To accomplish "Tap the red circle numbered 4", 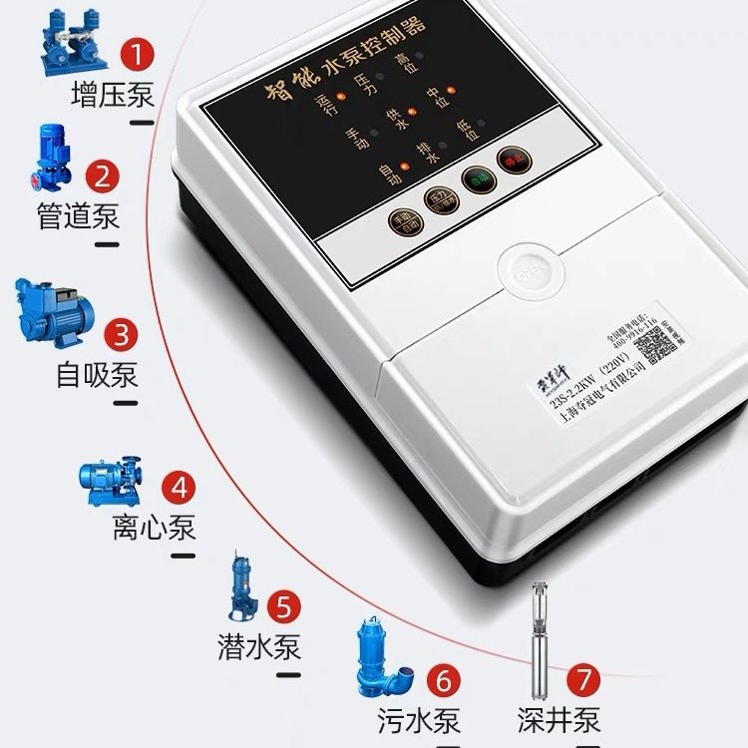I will click(x=180, y=488).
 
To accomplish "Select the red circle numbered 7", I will click(x=585, y=681).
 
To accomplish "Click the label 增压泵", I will click(x=112, y=95).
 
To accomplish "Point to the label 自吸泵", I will click(x=97, y=375).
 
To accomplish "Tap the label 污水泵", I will click(x=419, y=720).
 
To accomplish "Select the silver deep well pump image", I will click(x=544, y=638).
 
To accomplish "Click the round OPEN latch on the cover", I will click(x=525, y=269).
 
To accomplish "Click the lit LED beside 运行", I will click(x=340, y=97).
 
